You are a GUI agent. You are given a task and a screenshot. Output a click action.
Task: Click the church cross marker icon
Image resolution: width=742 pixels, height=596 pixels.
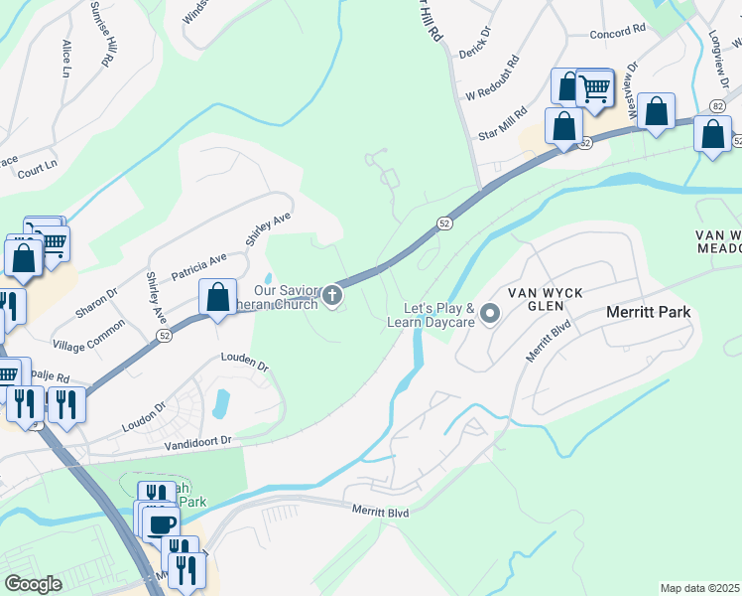[x=332, y=295]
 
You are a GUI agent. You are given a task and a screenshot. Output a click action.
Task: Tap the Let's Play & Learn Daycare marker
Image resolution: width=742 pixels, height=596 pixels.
[x=489, y=315]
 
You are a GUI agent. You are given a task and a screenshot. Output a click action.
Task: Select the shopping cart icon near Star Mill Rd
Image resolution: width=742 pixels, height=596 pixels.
[x=593, y=88]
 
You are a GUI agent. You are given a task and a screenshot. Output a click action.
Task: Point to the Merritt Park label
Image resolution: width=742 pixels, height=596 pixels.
[x=648, y=312]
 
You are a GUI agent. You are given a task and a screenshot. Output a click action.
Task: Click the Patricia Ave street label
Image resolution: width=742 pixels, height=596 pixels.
[x=198, y=266]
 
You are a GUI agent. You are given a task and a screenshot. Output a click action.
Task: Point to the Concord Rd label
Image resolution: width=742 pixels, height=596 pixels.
[x=618, y=33]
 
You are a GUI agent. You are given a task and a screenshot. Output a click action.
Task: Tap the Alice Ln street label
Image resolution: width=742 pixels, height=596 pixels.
[x=66, y=59]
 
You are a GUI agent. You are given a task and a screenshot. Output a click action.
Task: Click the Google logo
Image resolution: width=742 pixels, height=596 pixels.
[x=34, y=584]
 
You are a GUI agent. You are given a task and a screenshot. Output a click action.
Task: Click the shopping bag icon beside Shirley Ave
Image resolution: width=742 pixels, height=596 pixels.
[x=216, y=296]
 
